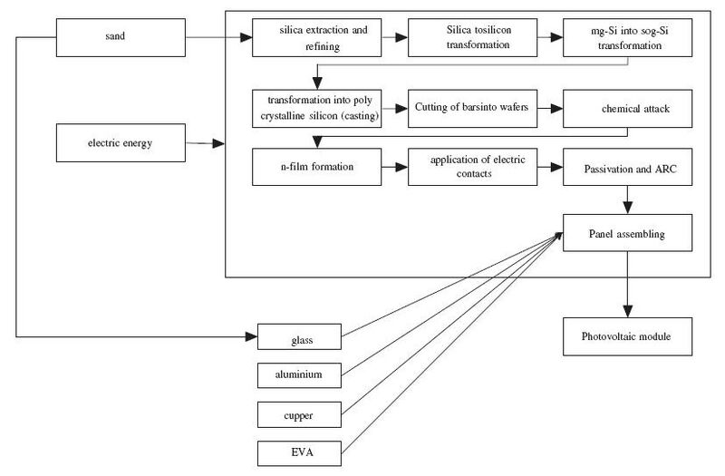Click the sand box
[121, 37]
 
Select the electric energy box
[121, 143]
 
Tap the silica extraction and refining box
[316, 37]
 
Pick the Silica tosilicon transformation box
[472, 37]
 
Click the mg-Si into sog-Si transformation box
[627, 37]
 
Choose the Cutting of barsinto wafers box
[472, 109]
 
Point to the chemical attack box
[627, 109]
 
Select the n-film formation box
[316, 167]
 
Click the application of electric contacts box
[472, 167]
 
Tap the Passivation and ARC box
[627, 167]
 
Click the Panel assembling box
[627, 233]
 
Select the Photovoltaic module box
[627, 336]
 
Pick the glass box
[299, 336]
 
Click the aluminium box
[299, 375]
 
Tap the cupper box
[299, 414]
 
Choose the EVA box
[299, 453]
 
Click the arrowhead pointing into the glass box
[252, 336]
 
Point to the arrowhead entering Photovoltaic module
[627, 311]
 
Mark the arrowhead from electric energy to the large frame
[218, 144]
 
